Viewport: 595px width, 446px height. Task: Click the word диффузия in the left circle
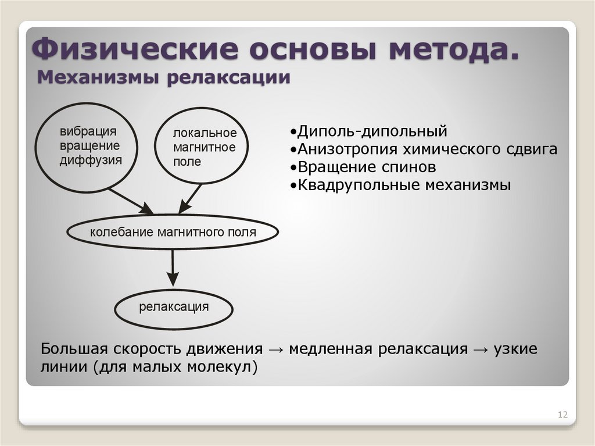click(91, 160)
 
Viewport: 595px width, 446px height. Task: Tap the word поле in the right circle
click(187, 162)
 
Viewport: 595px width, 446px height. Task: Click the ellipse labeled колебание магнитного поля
click(173, 233)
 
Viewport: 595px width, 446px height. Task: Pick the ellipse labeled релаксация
click(173, 307)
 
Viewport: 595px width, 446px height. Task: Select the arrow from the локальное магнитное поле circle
click(190, 199)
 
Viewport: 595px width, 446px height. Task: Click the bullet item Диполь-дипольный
click(368, 130)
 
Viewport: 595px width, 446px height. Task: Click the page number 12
click(562, 415)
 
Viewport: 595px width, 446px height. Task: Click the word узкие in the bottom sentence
click(515, 349)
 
